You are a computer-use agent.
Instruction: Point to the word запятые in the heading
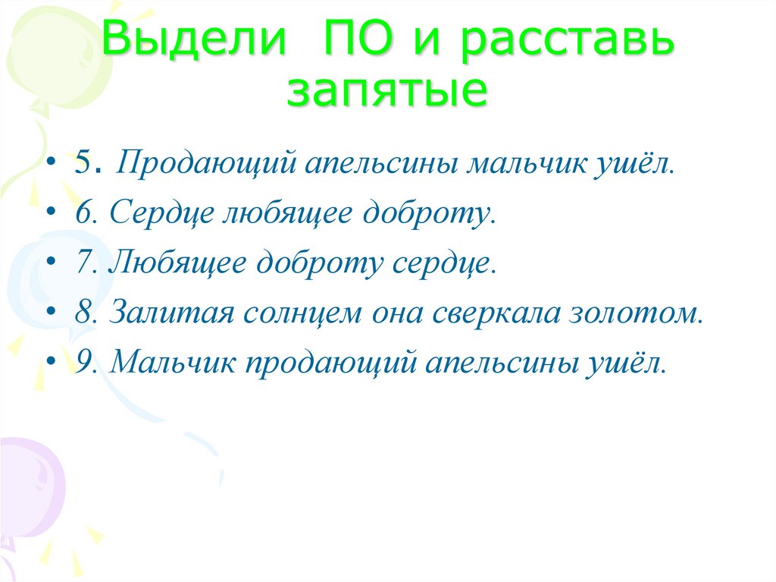coord(386,91)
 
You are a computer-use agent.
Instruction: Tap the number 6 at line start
coord(82,214)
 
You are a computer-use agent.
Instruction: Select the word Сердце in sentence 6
coord(159,215)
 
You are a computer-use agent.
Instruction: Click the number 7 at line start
coord(82,263)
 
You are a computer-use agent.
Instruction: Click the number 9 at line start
coord(82,363)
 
